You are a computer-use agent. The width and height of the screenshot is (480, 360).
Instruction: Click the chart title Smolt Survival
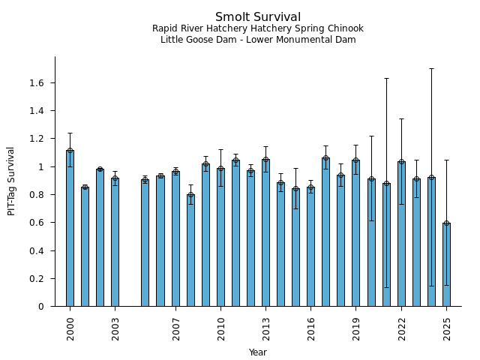257,17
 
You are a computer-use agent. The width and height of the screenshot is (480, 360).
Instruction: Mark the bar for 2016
310,247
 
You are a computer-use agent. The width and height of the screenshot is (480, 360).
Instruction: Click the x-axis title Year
257,352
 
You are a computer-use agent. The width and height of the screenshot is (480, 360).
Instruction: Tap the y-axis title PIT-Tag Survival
11,181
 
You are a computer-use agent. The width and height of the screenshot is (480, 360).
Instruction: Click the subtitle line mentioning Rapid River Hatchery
257,28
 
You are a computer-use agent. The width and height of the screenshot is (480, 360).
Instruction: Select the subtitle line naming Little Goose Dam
257,40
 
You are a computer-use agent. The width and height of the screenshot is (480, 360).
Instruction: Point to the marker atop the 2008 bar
190,195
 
